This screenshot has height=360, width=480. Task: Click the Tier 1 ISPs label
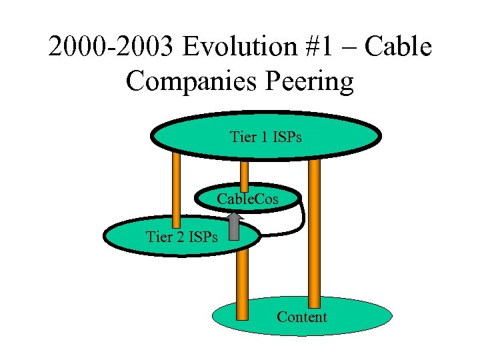(x=265, y=137)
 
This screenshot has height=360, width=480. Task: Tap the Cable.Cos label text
(x=247, y=199)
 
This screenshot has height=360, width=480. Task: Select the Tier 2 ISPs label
(x=181, y=236)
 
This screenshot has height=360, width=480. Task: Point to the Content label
(x=302, y=317)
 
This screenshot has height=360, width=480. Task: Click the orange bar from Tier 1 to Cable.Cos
(x=245, y=174)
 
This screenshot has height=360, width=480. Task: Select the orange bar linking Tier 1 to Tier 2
(x=177, y=190)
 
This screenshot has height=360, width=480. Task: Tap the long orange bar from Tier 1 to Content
(x=314, y=233)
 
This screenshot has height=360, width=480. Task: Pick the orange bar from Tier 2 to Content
(x=242, y=280)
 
